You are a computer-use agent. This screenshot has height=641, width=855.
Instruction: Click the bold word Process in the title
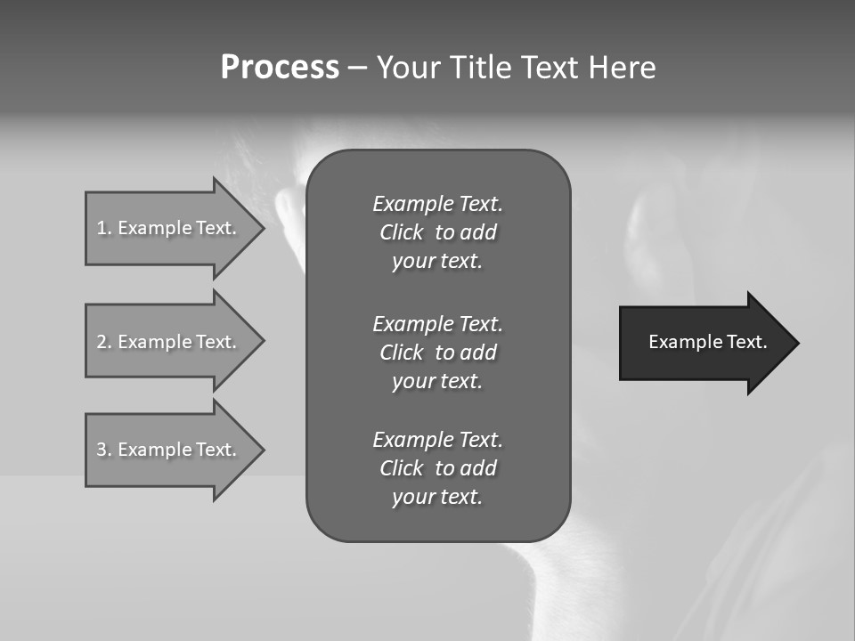[x=280, y=68]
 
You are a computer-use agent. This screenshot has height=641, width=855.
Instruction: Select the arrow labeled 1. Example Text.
[x=169, y=228]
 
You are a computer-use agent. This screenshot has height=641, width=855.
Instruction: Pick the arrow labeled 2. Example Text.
[x=169, y=342]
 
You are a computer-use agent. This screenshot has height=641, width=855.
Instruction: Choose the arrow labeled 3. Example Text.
[x=169, y=450]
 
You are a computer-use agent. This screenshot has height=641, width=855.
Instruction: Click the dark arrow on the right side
[x=704, y=343]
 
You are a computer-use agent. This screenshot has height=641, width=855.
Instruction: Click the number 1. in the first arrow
[x=103, y=228]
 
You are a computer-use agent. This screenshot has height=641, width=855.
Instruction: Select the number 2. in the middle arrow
[x=103, y=342]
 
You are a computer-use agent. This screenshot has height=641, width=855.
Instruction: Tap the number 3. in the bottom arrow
[x=103, y=450]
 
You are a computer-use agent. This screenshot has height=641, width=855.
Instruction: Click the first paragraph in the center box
[x=437, y=232]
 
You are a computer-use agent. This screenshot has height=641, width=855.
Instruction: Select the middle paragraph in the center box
[x=437, y=352]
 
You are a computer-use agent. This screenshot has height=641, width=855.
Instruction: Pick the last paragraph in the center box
[x=437, y=468]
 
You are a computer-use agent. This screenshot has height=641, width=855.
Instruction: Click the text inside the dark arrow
[x=707, y=342]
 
